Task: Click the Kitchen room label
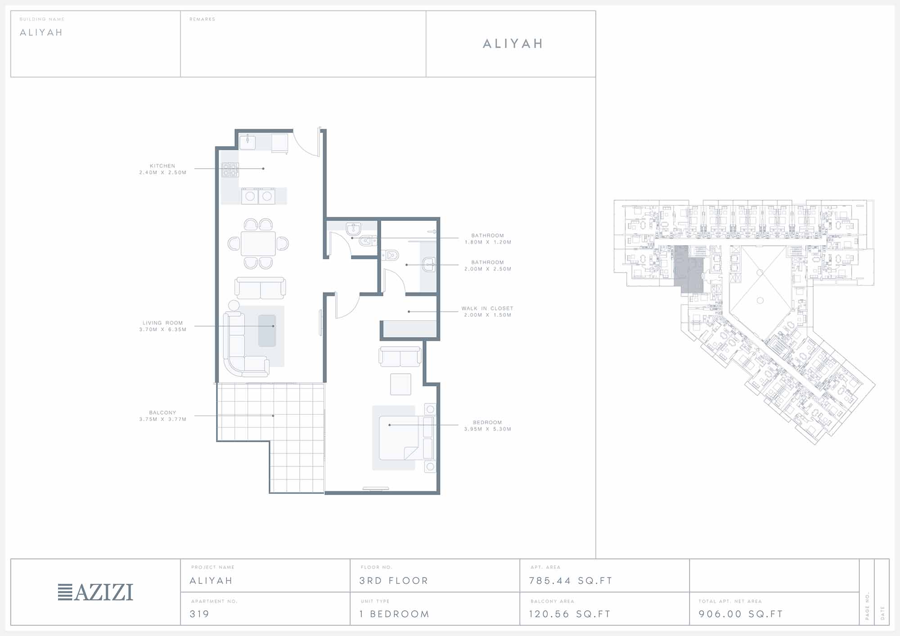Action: (162, 166)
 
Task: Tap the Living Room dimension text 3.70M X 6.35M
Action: (162, 330)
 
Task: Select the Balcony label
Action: (162, 412)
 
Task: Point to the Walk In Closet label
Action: (487, 309)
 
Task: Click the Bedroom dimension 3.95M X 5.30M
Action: (488, 429)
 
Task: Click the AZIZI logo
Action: (95, 592)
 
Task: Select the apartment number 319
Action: (199, 614)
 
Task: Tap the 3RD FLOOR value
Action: (394, 581)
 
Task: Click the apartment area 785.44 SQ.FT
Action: (571, 581)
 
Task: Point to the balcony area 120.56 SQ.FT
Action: (570, 614)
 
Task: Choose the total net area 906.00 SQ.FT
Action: (741, 614)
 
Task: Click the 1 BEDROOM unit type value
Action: (394, 614)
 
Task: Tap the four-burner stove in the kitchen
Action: (230, 170)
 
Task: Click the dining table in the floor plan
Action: (258, 243)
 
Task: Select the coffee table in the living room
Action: (267, 331)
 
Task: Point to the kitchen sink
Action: (247, 142)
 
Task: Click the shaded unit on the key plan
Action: (688, 269)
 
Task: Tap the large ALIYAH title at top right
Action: (513, 44)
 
